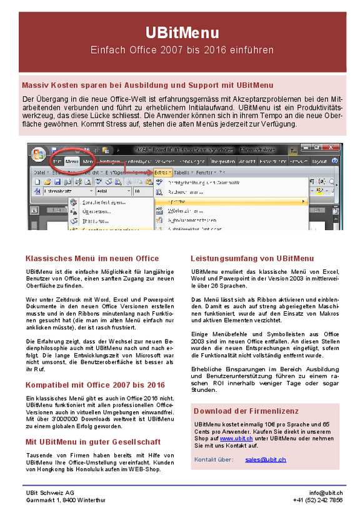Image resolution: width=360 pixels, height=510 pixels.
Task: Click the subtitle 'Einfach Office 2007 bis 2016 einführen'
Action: click(182, 49)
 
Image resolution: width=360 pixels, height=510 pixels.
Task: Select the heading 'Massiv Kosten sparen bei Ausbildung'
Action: click(147, 84)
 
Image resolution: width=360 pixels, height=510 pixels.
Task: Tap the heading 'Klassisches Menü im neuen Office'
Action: click(92, 258)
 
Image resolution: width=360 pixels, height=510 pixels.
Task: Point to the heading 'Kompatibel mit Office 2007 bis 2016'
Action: click(95, 385)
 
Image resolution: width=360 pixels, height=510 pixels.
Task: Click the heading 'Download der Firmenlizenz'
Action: click(246, 411)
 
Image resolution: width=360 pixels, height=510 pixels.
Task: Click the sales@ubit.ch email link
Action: click(266, 459)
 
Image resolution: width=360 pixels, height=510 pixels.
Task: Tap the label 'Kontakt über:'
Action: click(214, 459)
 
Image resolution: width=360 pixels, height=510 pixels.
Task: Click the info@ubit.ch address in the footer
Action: click(326, 492)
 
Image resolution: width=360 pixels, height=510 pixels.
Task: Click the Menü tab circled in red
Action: click(71, 161)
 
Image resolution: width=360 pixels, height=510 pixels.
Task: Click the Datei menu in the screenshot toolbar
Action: click(41, 171)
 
